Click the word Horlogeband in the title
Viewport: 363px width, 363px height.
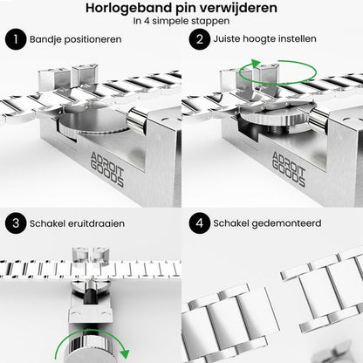coord(142,9)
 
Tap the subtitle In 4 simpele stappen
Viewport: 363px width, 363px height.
coord(181,23)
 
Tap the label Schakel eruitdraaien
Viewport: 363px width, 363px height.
coord(75,223)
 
